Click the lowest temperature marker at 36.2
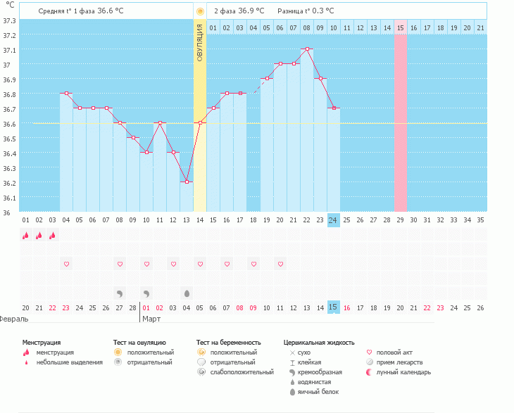click(187, 182)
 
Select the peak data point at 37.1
click(307, 49)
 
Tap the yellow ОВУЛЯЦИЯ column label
click(200, 34)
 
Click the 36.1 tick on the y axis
click(9, 198)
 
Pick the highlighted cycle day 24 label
click(334, 220)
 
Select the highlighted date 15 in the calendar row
click(334, 307)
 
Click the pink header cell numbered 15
click(400, 27)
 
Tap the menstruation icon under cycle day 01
click(26, 236)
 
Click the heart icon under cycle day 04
click(66, 265)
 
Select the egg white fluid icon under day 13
click(187, 293)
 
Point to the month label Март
click(152, 319)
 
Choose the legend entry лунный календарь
click(403, 371)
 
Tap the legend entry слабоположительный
click(242, 371)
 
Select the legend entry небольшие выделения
click(69, 362)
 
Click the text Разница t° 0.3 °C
click(306, 11)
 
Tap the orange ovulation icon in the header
click(200, 11)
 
